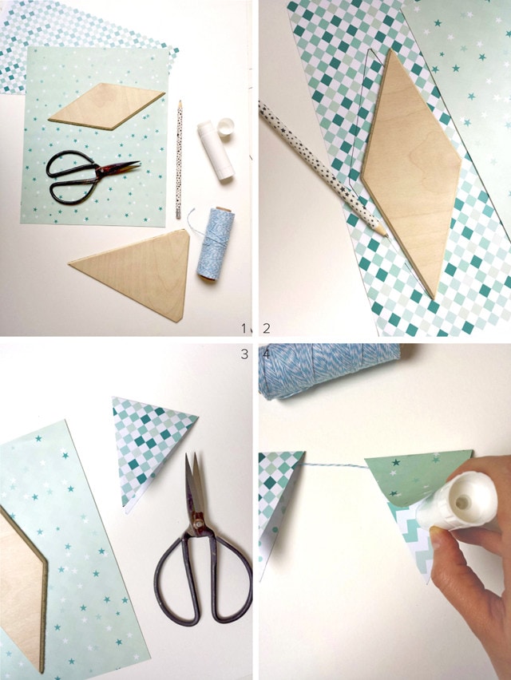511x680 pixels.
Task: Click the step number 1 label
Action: click(x=244, y=328)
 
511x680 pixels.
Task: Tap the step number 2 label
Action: click(x=267, y=328)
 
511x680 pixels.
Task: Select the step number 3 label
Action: click(x=244, y=354)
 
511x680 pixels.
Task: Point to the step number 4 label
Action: click(x=267, y=354)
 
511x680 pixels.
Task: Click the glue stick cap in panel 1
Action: click(x=225, y=127)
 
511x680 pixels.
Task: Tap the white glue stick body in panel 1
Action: click(x=216, y=151)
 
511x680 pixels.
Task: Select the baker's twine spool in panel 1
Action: click(x=215, y=244)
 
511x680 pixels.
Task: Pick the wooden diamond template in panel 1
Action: click(x=107, y=106)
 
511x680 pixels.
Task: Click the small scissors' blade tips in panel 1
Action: click(x=137, y=164)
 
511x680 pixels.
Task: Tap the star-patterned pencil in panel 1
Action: click(x=179, y=159)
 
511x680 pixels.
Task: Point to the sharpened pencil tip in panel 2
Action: click(x=383, y=234)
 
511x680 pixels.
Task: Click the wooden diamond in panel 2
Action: click(x=410, y=172)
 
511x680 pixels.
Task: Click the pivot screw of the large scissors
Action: click(x=198, y=524)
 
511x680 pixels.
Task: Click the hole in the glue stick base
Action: click(x=462, y=503)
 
